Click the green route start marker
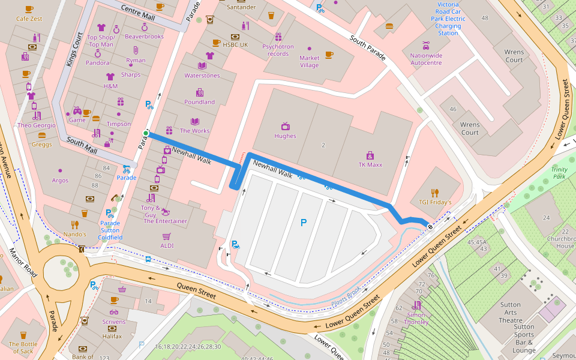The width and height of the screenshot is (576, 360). (145, 133)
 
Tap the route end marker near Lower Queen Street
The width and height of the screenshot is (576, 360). (430, 226)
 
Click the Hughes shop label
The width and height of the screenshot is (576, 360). (285, 136)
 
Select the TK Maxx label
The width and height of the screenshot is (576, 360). (370, 165)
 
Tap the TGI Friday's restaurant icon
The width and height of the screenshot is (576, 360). (435, 193)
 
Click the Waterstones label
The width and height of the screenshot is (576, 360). (202, 76)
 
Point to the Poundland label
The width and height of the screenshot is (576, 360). (199, 102)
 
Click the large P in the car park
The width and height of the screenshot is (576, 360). (303, 223)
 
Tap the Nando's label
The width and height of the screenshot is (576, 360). (75, 234)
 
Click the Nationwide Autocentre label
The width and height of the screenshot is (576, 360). (426, 59)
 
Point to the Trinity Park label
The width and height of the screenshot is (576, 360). (559, 173)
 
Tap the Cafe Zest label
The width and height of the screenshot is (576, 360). (29, 19)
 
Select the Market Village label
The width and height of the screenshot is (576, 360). (309, 62)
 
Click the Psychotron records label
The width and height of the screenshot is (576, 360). (278, 50)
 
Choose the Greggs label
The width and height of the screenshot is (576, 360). (41, 144)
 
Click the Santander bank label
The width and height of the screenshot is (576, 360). (241, 7)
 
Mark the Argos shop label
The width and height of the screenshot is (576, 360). (60, 180)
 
